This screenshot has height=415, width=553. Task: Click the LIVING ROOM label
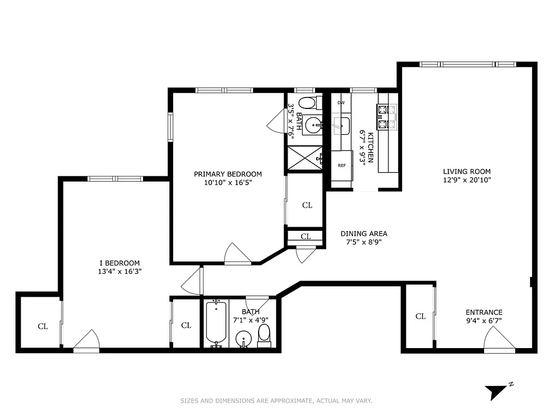(x=466, y=171)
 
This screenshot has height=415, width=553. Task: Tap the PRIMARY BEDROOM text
(x=228, y=174)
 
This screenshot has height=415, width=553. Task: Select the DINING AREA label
(x=363, y=233)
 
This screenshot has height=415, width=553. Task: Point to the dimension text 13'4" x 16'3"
(x=119, y=271)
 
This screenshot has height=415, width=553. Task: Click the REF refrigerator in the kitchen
(x=342, y=166)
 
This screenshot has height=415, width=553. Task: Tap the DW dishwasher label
(x=341, y=103)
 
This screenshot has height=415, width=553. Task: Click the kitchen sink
(x=341, y=125)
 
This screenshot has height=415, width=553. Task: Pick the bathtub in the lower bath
(x=215, y=324)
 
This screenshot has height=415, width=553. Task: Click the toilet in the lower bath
(x=264, y=336)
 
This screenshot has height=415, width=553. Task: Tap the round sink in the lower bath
(x=243, y=340)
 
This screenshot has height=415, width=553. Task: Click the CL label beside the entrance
(x=420, y=316)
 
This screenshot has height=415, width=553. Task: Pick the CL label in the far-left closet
(x=42, y=326)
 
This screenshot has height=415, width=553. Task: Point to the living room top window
(x=467, y=64)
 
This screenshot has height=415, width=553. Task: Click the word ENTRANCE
(x=484, y=312)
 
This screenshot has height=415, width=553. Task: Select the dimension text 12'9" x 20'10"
(x=466, y=180)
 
